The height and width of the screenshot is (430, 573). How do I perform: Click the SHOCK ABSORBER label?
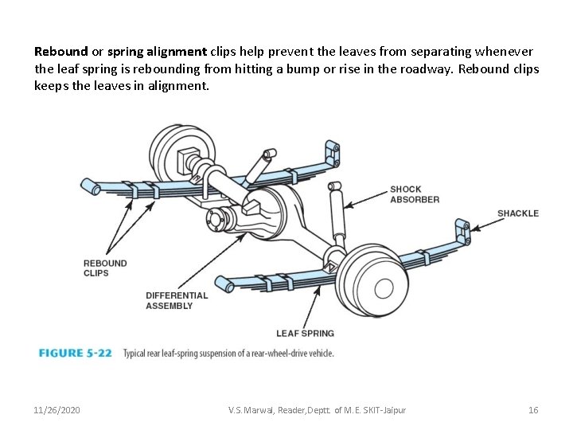click(x=414, y=194)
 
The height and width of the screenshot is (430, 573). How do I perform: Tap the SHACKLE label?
click(x=517, y=213)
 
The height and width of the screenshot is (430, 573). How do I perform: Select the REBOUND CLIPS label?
click(x=105, y=268)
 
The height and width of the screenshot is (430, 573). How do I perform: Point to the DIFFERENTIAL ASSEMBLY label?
click(x=177, y=300)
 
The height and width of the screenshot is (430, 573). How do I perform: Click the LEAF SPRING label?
click(x=305, y=333)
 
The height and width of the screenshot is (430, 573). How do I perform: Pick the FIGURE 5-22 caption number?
click(x=75, y=353)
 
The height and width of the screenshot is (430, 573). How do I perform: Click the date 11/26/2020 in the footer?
click(x=57, y=410)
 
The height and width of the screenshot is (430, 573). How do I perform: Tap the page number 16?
click(x=533, y=410)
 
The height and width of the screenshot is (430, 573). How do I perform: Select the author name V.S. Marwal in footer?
click(x=249, y=410)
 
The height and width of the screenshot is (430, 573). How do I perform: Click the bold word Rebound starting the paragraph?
click(x=61, y=50)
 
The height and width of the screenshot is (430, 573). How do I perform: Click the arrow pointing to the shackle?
click(x=482, y=224)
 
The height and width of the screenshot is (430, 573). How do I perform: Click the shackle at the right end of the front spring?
click(x=462, y=233)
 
